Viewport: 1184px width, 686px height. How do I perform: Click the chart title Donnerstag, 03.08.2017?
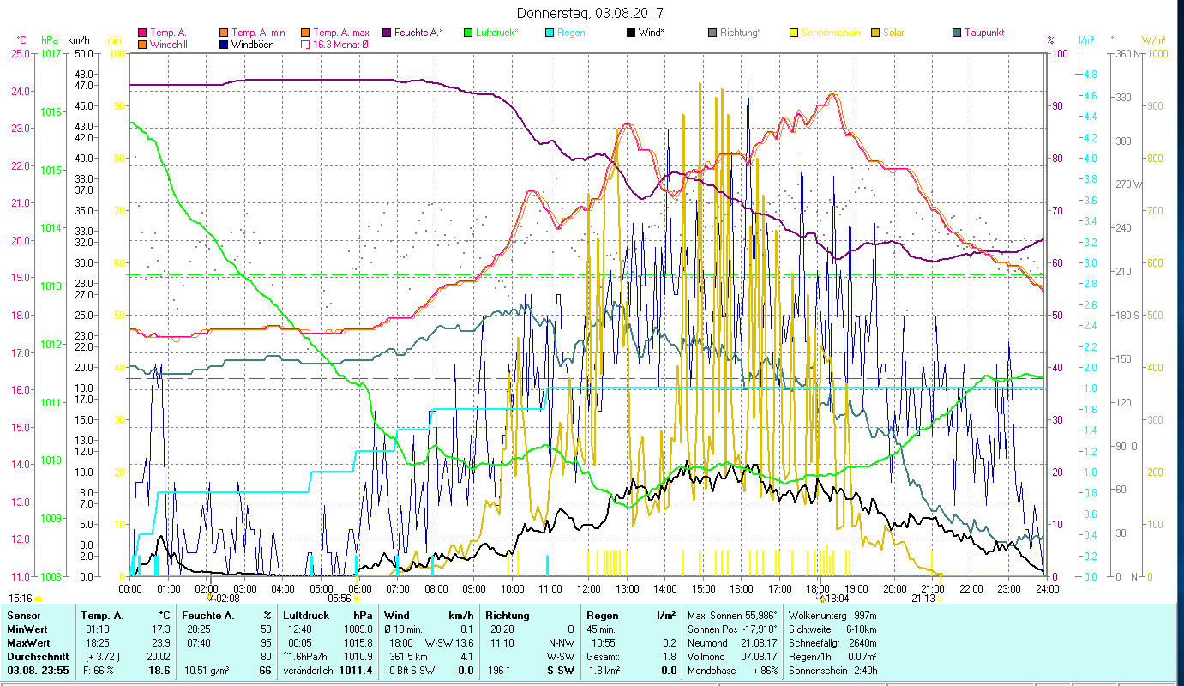[x=591, y=13]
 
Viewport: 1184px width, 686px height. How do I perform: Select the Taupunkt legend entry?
[x=983, y=33]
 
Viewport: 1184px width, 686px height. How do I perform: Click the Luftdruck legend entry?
[x=497, y=33]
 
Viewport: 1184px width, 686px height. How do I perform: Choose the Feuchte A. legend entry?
[x=418, y=33]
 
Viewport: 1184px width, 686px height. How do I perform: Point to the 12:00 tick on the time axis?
[x=589, y=589]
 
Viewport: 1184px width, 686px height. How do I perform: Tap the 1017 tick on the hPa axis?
[x=51, y=53]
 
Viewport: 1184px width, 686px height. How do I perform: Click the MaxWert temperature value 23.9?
[x=160, y=642]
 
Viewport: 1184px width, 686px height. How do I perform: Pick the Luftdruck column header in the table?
[x=306, y=615]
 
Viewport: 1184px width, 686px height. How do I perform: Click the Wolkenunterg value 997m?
[x=862, y=615]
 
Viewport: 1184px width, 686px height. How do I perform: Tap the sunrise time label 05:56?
[x=340, y=599]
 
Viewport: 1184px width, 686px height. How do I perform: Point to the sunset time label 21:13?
[x=923, y=599]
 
